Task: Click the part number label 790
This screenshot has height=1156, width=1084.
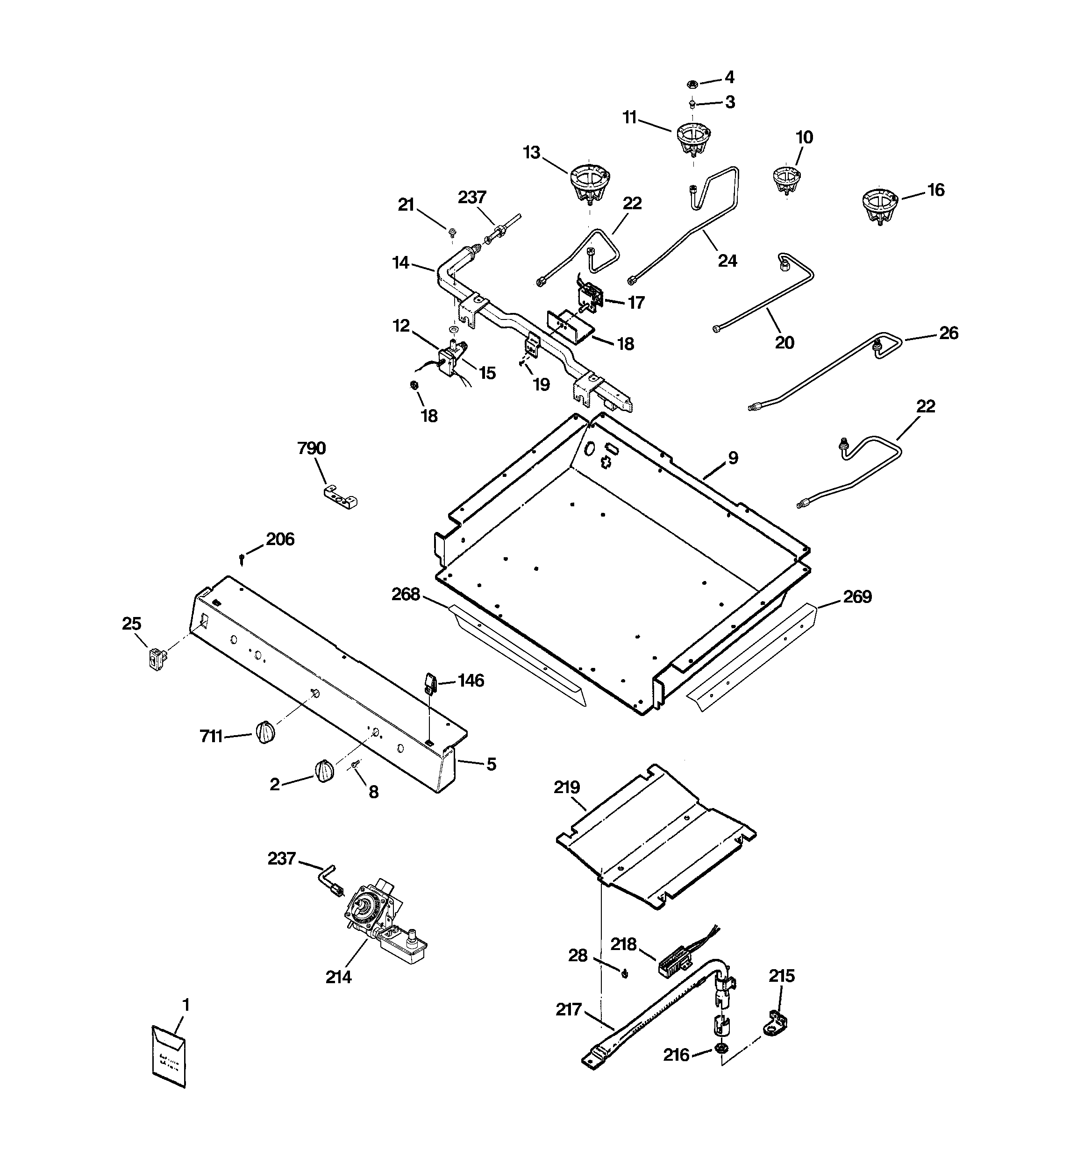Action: [x=311, y=448]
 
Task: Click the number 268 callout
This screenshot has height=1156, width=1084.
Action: [x=406, y=594]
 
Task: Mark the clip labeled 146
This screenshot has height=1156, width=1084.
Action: [x=430, y=683]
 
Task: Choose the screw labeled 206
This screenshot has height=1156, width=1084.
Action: [x=241, y=560]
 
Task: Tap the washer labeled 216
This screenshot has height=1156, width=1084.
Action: [x=721, y=1049]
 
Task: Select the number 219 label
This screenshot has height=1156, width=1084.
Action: [x=567, y=787]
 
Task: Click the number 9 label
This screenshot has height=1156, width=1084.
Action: [x=733, y=458]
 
